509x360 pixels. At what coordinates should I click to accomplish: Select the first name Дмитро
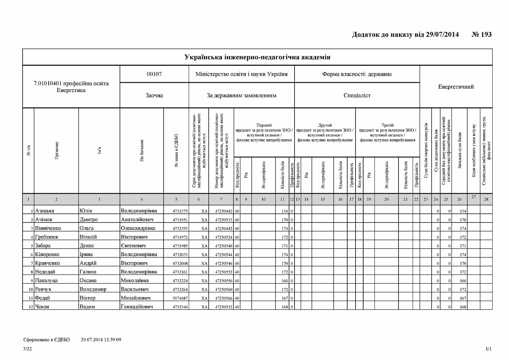[x=89, y=220]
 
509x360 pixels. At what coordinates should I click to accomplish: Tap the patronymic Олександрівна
[x=138, y=228]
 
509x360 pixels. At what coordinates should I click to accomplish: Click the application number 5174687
[x=180, y=298]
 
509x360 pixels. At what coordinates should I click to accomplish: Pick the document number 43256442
[x=224, y=228]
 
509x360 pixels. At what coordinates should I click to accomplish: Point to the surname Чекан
[x=42, y=307]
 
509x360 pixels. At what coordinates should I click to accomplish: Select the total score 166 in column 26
[x=462, y=281]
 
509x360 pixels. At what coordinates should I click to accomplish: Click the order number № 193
[x=481, y=35]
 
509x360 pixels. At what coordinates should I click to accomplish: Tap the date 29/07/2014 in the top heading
[x=442, y=35]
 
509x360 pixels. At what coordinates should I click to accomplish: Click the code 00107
[x=154, y=74]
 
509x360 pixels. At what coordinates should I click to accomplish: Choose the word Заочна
[x=154, y=95]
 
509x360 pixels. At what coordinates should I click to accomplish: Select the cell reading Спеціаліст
[x=357, y=95]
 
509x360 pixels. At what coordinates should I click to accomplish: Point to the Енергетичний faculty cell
[x=456, y=87]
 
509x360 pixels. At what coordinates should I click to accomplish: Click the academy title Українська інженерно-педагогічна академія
[x=257, y=57]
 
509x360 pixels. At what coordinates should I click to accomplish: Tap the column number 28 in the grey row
[x=486, y=199]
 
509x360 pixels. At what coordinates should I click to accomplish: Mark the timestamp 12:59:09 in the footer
[x=111, y=340]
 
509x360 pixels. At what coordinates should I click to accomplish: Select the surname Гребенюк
[x=47, y=237]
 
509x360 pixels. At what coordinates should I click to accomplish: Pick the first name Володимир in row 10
[x=93, y=289]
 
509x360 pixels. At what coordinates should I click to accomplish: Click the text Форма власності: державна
[x=357, y=74]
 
